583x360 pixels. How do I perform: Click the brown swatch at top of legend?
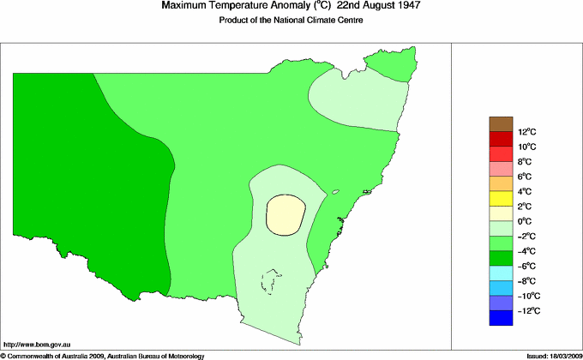(x=501, y=123)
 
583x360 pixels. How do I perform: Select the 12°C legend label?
(x=503, y=132)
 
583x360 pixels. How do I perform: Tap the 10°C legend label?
(x=503, y=147)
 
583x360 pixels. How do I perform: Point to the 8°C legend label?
(x=503, y=161)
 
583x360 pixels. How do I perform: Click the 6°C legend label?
(x=503, y=176)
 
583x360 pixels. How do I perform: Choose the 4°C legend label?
(x=503, y=191)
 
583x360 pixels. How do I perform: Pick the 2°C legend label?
(x=503, y=207)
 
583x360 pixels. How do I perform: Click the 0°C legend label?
(x=503, y=221)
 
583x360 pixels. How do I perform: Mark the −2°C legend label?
(x=503, y=236)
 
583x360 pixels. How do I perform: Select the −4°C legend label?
(x=503, y=251)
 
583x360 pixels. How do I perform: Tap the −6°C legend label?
(x=503, y=266)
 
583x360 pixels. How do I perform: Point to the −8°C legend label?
(x=503, y=281)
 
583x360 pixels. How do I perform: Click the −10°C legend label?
(x=503, y=296)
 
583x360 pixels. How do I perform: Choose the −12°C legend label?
(x=503, y=310)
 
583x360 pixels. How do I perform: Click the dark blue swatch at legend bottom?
(x=501, y=319)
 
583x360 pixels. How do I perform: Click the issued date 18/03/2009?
(x=561, y=355)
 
